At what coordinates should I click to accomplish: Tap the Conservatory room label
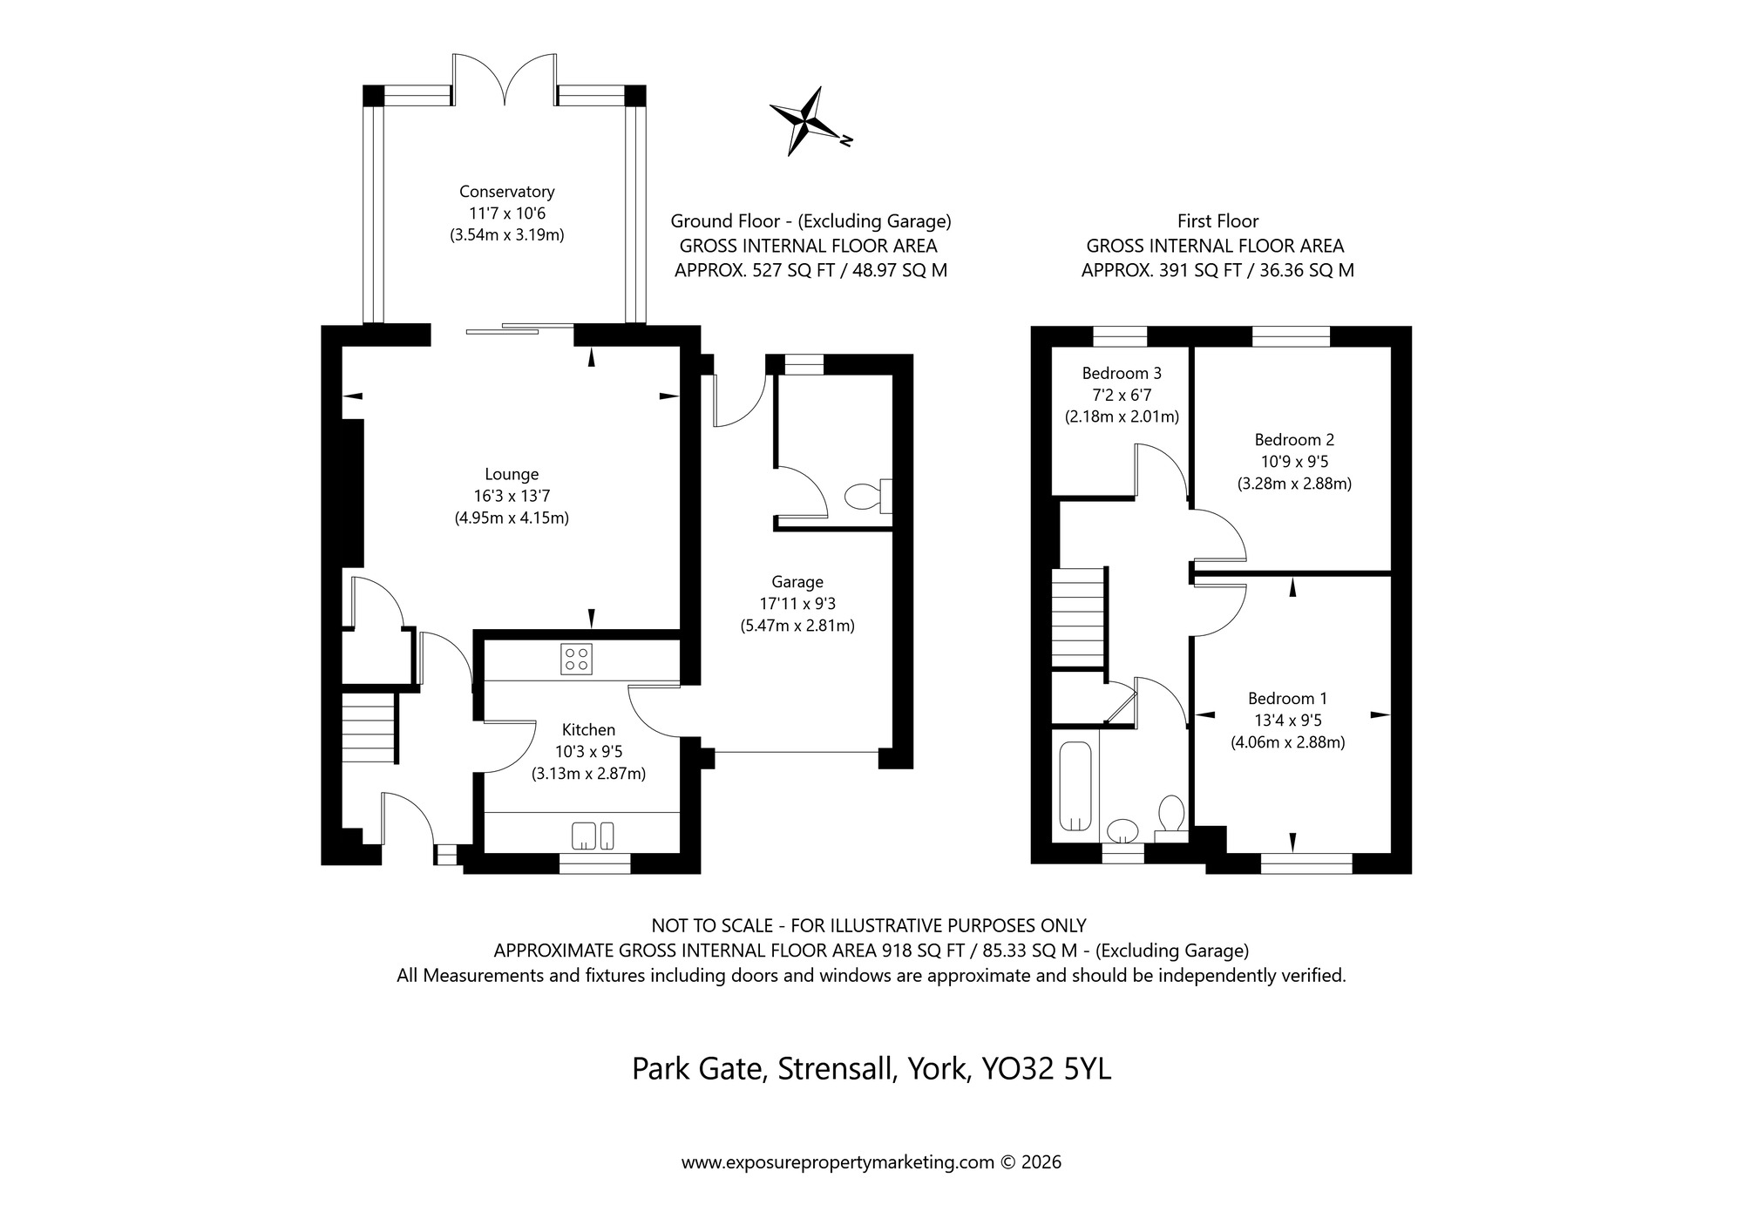[x=506, y=192]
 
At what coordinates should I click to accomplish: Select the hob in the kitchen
[x=576, y=659]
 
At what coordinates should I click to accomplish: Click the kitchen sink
[x=593, y=836]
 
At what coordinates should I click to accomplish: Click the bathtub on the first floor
[x=1075, y=787]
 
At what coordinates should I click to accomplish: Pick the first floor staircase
[x=1078, y=616]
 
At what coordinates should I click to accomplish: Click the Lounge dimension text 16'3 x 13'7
[x=512, y=497]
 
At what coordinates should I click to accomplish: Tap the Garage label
[x=797, y=582]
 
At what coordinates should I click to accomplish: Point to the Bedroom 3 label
[x=1122, y=373]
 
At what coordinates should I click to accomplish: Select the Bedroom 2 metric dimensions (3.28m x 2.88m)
[x=1294, y=484]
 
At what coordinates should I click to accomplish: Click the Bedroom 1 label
[x=1287, y=699]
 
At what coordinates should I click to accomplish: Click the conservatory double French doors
[x=505, y=80]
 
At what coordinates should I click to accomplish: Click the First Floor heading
[x=1217, y=221]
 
